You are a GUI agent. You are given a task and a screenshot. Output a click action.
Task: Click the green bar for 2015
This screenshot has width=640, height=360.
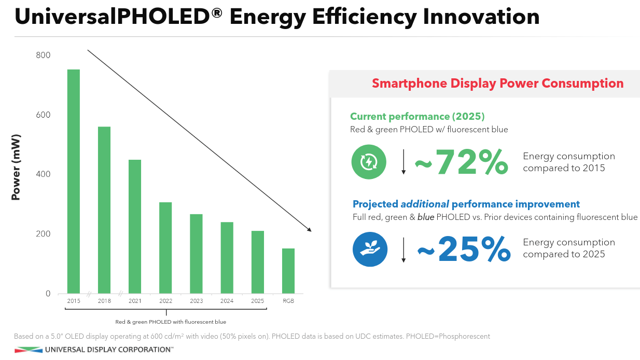pos(74,182)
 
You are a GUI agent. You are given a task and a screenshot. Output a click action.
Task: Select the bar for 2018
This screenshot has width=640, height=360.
pos(104,210)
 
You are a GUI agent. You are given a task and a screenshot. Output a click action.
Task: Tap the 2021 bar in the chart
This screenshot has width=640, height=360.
pos(135,227)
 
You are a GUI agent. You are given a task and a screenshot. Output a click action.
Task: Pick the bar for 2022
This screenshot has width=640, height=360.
pos(165,248)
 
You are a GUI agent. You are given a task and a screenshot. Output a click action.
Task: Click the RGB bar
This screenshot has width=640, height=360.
pos(288,271)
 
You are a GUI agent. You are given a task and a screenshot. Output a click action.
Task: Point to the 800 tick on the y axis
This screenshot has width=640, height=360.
pos(44,55)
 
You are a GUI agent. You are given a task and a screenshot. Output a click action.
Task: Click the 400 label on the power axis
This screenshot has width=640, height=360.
pos(44,174)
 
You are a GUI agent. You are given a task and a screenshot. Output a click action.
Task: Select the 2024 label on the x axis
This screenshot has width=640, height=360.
pos(227,301)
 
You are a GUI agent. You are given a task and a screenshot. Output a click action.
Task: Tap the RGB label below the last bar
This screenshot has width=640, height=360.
pos(288,301)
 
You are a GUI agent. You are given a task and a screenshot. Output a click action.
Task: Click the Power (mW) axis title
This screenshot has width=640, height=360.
pos(16,168)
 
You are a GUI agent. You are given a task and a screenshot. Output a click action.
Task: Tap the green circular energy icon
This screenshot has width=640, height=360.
pos(369,162)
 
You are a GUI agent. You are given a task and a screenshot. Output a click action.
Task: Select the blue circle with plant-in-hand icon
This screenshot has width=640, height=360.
pos(370,249)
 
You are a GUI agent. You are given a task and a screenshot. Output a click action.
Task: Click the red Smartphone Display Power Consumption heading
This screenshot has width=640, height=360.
pos(497,84)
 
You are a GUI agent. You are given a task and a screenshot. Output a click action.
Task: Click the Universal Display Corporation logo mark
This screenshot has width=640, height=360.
pos(29,350)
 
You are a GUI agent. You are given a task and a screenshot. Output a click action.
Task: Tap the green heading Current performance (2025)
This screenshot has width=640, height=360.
pos(417,116)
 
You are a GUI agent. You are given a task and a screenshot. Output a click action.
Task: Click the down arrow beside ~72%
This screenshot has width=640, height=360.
pos(404,162)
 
